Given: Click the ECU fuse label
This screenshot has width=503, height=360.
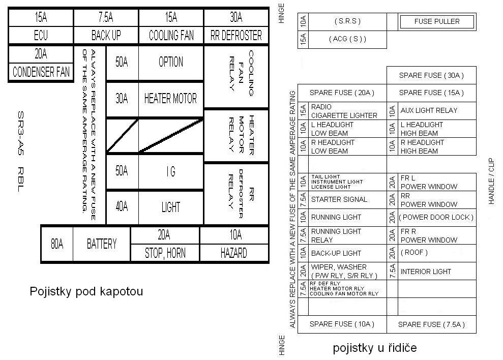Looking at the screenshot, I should [x=41, y=36].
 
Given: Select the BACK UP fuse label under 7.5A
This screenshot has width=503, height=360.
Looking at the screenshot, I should [x=106, y=36].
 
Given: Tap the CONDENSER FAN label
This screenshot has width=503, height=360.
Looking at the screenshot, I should [x=41, y=72].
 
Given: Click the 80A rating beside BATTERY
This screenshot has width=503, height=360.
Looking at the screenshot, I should [x=57, y=244].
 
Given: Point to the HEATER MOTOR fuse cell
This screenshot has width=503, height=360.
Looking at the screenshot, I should [x=170, y=99].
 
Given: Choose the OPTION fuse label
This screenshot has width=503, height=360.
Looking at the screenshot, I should [x=170, y=62].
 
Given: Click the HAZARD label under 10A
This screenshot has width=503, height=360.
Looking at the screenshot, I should [x=234, y=253].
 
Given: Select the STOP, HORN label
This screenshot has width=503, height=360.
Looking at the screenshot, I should [x=165, y=253].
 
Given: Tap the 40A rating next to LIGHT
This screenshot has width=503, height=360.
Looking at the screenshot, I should [x=122, y=207].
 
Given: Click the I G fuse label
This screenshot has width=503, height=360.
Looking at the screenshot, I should [x=170, y=171].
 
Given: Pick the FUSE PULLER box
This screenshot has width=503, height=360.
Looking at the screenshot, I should [x=437, y=22].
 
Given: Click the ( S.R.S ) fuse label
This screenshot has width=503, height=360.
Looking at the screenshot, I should [x=347, y=22].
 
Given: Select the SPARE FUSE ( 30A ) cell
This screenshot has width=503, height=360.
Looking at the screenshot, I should [x=431, y=75].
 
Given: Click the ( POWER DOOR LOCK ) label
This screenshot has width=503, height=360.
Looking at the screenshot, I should [x=436, y=217].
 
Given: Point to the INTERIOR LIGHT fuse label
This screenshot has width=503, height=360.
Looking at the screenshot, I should [x=426, y=272].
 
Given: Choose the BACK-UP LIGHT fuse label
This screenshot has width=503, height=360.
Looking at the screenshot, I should [x=336, y=253].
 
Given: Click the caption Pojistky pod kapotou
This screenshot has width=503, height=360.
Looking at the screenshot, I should [x=86, y=291].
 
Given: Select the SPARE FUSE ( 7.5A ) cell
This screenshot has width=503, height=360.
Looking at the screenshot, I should [x=431, y=324].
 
